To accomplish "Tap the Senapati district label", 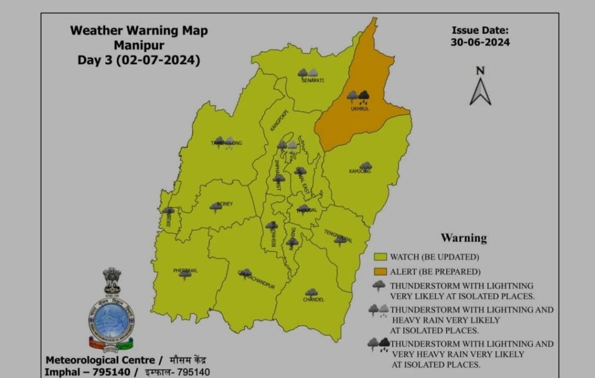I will pyautogui.click(x=313, y=81).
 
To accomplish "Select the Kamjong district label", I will pyautogui.click(x=360, y=172).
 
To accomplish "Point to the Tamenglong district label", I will pyautogui.click(x=226, y=142).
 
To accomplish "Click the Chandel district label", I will pyautogui.click(x=313, y=299).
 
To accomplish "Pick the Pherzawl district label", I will pyautogui.click(x=185, y=271).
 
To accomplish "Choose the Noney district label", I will pyautogui.click(x=224, y=204).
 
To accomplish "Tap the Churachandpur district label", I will pyautogui.click(x=249, y=279).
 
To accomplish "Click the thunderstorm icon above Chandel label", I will pyautogui.click(x=311, y=292).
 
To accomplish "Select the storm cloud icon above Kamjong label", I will pyautogui.click(x=365, y=166).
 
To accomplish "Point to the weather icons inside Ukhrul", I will pyautogui.click(x=358, y=95).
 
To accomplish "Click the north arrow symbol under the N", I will pyautogui.click(x=480, y=91).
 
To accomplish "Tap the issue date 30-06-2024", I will pyautogui.click(x=480, y=42).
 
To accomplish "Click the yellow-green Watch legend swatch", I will pyautogui.click(x=381, y=256).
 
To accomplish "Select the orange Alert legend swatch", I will pyautogui.click(x=381, y=271).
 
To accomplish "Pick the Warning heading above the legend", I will pyautogui.click(x=464, y=238).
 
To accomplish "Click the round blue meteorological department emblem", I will pyautogui.click(x=110, y=320).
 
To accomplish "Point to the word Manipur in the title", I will pyautogui.click(x=138, y=45).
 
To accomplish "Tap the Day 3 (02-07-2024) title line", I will pyautogui.click(x=138, y=60).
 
